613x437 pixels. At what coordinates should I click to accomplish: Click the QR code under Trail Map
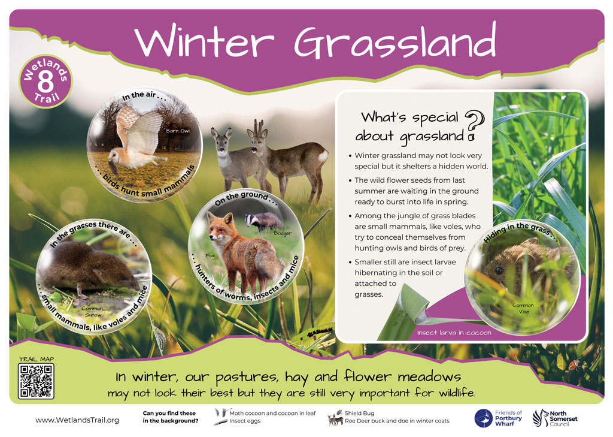[x=36, y=381]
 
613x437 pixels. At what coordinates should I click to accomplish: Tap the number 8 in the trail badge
[x=45, y=82]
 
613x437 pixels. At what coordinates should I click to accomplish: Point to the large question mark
[x=475, y=125]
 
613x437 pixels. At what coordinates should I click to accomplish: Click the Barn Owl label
[x=178, y=131]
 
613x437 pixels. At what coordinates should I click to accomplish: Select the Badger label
[x=283, y=233]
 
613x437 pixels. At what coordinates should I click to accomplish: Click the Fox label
[x=210, y=255]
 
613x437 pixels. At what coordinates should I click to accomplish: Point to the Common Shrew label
[x=93, y=312]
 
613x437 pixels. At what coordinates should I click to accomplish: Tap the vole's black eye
[x=499, y=270]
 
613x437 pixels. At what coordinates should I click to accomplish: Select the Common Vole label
[x=523, y=308]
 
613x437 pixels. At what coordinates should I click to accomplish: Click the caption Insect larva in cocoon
[x=454, y=333]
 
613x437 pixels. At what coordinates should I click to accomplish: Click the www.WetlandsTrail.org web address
[x=77, y=420]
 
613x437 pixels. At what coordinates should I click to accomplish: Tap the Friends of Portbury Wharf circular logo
[x=483, y=418]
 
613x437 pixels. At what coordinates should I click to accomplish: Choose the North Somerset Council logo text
[x=563, y=418]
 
